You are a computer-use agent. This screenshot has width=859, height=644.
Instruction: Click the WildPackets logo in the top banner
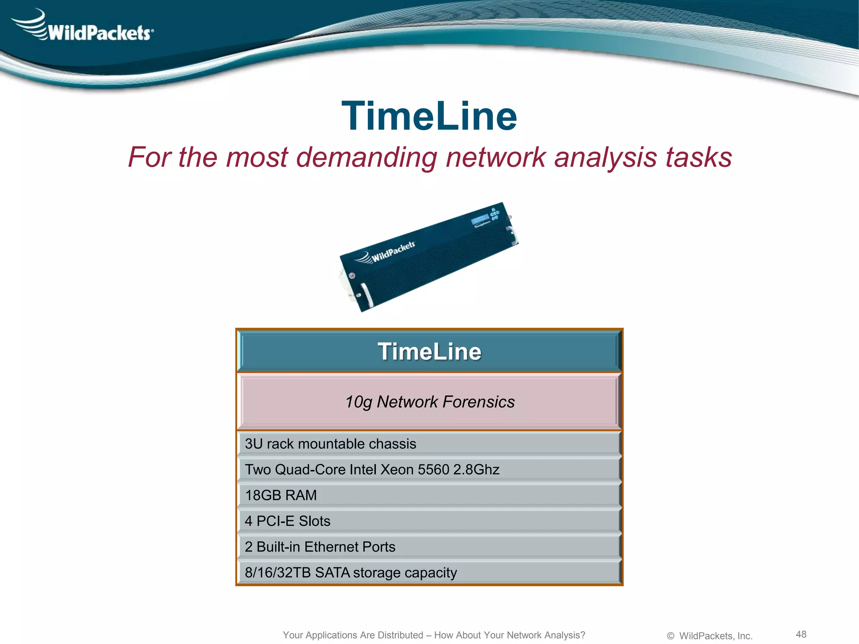pos(84,28)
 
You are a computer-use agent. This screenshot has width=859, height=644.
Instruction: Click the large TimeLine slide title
pos(429,116)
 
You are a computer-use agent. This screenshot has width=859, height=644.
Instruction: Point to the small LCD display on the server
pos(479,219)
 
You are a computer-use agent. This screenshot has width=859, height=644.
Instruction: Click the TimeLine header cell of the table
pos(429,351)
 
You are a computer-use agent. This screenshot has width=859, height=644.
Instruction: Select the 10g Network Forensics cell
pos(429,402)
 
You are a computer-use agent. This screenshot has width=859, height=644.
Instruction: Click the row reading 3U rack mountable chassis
pos(429,444)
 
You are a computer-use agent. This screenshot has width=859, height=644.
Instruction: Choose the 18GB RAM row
pos(429,495)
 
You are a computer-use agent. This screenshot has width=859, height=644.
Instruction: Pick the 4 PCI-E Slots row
pos(429,521)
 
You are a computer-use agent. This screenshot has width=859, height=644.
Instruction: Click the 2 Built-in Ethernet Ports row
pos(429,547)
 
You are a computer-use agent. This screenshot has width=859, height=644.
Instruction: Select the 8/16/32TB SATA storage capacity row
pos(429,573)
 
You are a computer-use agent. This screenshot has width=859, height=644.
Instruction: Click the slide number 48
pos(801,634)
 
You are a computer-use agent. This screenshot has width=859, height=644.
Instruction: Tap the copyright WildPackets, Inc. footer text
pos(710,636)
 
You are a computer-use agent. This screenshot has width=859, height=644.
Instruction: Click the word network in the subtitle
pos(495,158)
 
